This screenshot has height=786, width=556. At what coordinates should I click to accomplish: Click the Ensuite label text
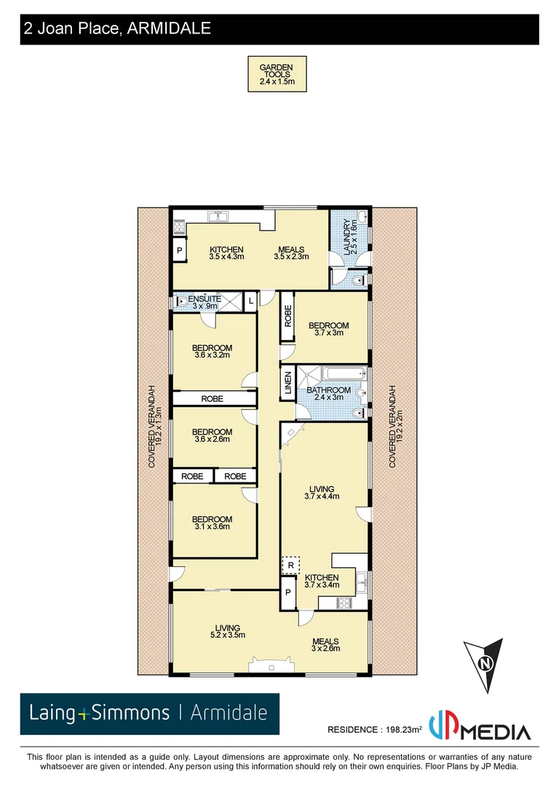pyautogui.click(x=199, y=303)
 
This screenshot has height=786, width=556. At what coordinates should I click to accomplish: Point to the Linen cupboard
pyautogui.click(x=287, y=384)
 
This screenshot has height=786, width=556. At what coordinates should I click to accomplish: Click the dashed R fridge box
pyautogui.click(x=290, y=565)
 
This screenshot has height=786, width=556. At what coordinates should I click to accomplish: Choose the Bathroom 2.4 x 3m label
pyautogui.click(x=328, y=394)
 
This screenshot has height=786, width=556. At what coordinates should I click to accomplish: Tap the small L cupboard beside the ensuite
pyautogui.click(x=250, y=301)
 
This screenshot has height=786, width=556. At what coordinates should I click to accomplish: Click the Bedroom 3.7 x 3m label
pyautogui.click(x=328, y=330)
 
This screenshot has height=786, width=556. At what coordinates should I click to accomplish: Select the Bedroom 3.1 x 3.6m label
pyautogui.click(x=212, y=523)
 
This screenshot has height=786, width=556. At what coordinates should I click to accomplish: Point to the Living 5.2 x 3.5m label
pyautogui.click(x=226, y=631)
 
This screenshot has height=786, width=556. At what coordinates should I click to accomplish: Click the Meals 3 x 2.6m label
pyautogui.click(x=325, y=645)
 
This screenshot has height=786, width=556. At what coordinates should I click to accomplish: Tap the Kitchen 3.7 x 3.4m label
pyautogui.click(x=322, y=581)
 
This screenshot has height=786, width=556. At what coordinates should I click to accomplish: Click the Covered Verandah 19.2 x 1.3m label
pyautogui.click(x=153, y=426)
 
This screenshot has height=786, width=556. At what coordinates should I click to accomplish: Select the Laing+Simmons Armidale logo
pyautogui.click(x=149, y=713)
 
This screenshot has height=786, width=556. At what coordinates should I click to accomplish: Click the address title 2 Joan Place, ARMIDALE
pyautogui.click(x=117, y=29)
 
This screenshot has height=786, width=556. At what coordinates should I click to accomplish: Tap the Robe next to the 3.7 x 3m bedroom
pyautogui.click(x=287, y=317)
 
